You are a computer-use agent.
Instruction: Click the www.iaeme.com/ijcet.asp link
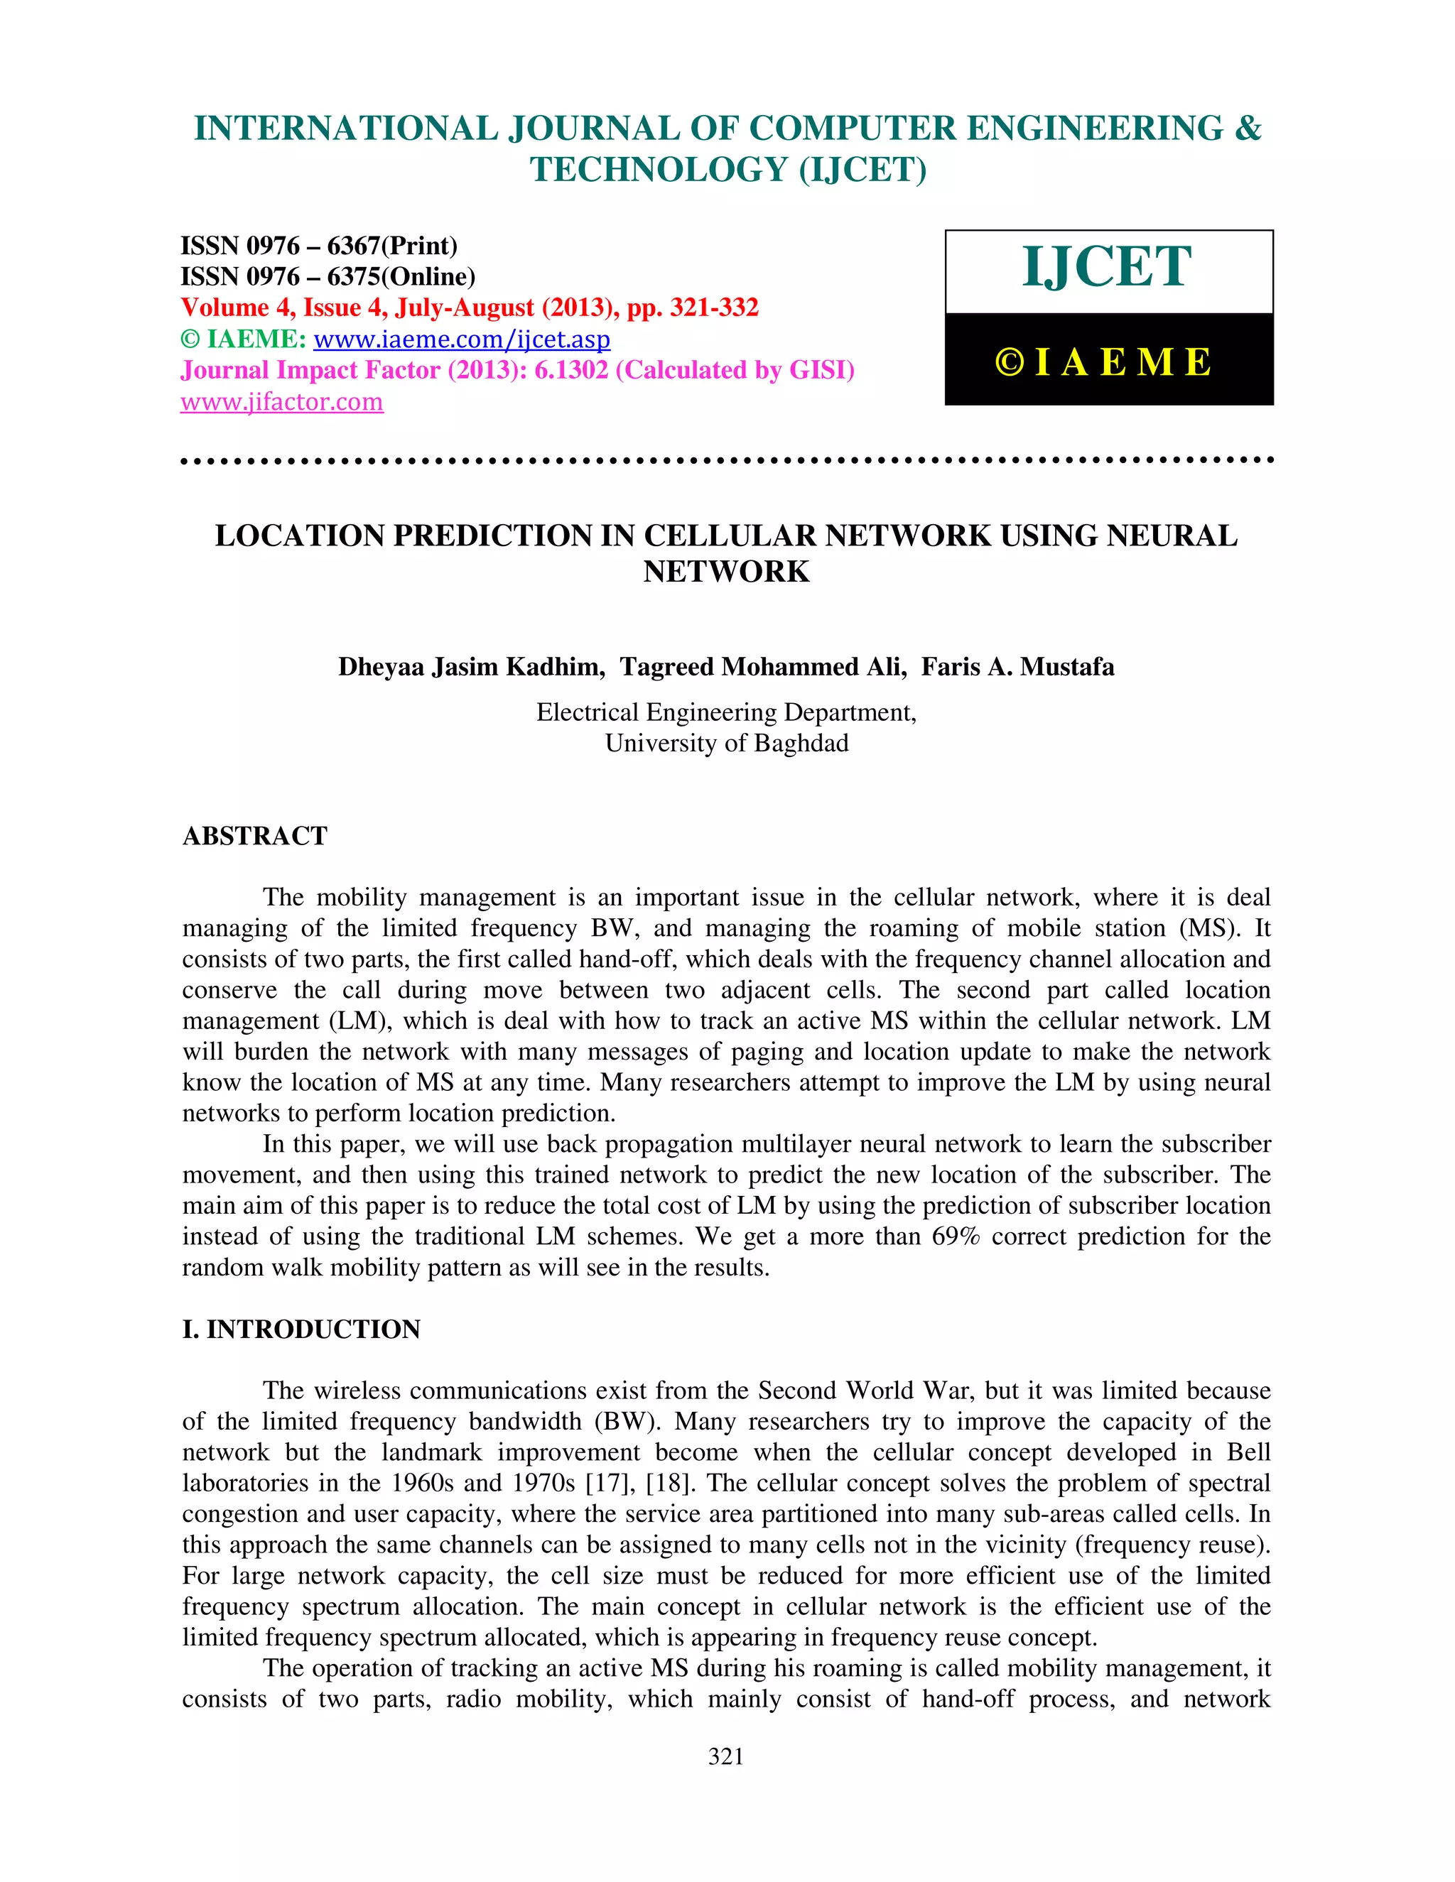pyautogui.click(x=461, y=339)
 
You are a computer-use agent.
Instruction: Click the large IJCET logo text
pyautogui.click(x=1108, y=267)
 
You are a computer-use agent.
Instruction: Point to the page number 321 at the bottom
pyautogui.click(x=726, y=1756)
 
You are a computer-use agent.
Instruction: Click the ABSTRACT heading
pyautogui.click(x=255, y=836)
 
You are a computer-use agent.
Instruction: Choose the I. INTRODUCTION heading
pyautogui.click(x=301, y=1329)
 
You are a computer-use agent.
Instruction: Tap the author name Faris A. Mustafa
pyautogui.click(x=1017, y=667)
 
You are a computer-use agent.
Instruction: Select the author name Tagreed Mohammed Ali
pyautogui.click(x=763, y=667)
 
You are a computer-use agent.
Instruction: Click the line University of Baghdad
pyautogui.click(x=727, y=743)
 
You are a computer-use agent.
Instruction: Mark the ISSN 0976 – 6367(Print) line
pyautogui.click(x=319, y=246)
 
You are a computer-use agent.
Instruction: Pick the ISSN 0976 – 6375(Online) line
pyautogui.click(x=328, y=276)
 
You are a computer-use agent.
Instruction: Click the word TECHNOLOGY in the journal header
pyautogui.click(x=659, y=170)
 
